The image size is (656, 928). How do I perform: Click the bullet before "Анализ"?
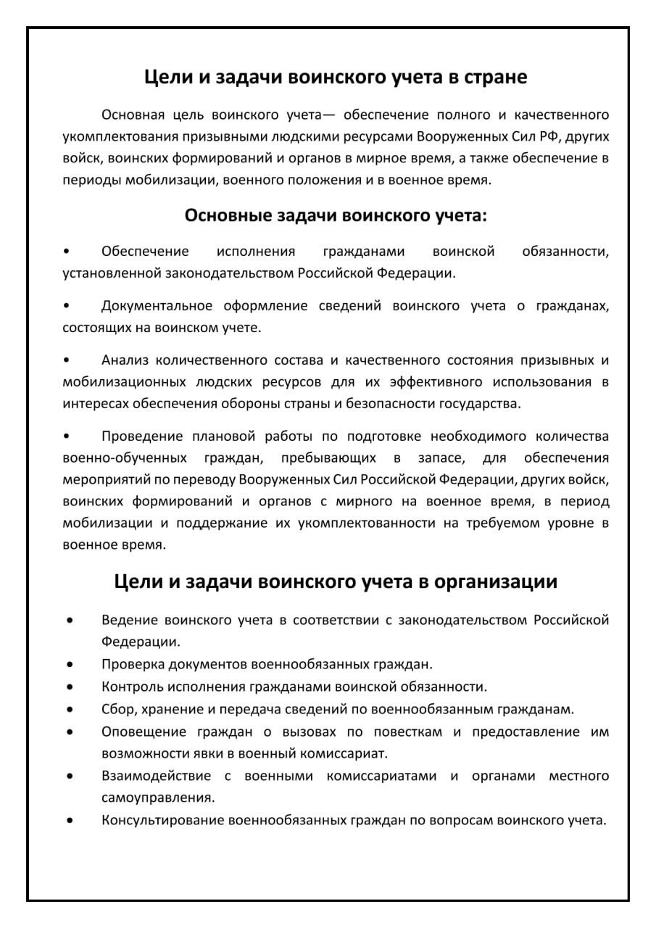(x=67, y=360)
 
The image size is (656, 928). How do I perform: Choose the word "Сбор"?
(x=117, y=709)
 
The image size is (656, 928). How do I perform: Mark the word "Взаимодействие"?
(x=157, y=776)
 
